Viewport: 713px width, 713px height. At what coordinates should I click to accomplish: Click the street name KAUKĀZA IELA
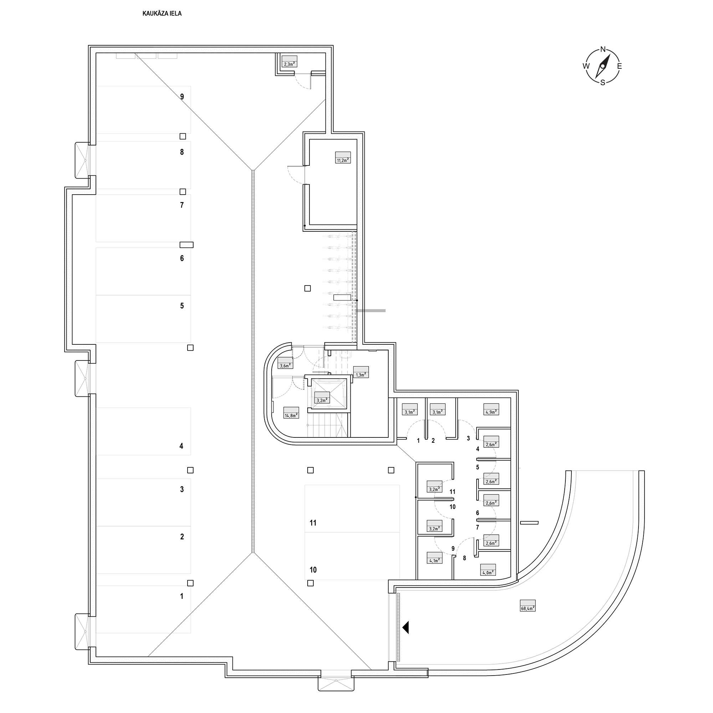point(162,14)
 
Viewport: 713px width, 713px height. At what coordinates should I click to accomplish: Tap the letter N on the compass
point(603,49)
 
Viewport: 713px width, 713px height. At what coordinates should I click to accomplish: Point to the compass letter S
point(602,83)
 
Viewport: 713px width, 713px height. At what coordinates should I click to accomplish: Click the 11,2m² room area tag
point(343,158)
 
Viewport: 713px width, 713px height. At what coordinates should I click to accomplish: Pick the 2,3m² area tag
point(290,61)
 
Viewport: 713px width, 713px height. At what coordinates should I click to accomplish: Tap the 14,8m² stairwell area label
point(291,412)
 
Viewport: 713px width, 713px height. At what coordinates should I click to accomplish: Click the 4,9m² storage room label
point(491,409)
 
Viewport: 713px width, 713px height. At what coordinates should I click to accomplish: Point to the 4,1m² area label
point(434,558)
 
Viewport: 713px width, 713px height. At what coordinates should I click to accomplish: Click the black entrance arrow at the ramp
point(406,627)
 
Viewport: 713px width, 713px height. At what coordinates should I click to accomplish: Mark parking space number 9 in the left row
point(182,97)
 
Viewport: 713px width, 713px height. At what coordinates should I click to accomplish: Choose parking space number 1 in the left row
point(181,596)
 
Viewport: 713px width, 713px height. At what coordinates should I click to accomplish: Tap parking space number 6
point(182,258)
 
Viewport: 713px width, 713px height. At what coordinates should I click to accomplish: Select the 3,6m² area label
point(285,363)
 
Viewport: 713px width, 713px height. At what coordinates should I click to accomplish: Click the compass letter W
point(586,66)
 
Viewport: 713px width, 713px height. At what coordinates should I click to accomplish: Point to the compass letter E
point(620,66)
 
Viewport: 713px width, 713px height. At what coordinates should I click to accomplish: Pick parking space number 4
point(181,446)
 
